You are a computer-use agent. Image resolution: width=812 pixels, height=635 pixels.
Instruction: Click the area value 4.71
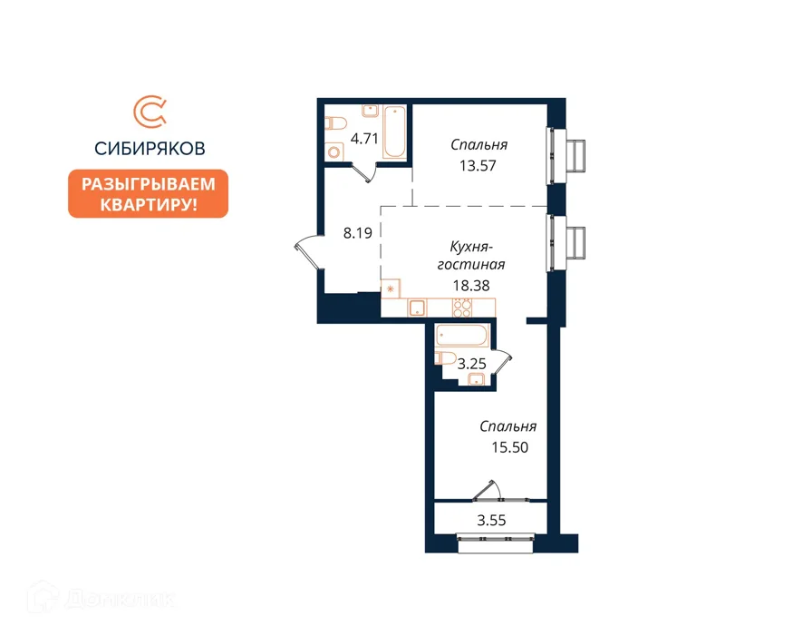(x=364, y=139)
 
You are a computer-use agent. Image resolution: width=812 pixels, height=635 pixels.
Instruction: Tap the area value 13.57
(x=478, y=165)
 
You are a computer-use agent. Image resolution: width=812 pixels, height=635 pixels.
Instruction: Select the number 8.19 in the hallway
(x=357, y=233)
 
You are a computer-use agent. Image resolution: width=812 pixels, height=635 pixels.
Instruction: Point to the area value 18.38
(x=470, y=285)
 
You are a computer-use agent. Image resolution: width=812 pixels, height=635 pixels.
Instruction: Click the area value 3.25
(x=471, y=364)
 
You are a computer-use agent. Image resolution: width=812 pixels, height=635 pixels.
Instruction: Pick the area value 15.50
(x=509, y=447)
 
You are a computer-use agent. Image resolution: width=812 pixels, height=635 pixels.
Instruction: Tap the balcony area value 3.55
(x=491, y=520)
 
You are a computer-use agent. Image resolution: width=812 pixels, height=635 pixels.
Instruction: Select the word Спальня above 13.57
(x=478, y=144)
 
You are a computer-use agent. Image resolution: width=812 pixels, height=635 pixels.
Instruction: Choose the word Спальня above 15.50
(x=507, y=426)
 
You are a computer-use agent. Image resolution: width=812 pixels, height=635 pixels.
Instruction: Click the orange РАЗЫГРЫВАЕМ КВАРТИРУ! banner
(x=148, y=193)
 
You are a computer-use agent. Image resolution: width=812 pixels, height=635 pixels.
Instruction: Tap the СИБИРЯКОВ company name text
(x=150, y=149)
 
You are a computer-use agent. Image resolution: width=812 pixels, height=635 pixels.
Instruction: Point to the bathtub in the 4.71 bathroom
(x=394, y=132)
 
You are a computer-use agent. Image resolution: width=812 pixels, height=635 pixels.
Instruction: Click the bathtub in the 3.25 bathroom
(x=461, y=336)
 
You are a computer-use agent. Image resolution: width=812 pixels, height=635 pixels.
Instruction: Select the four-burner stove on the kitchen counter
(x=462, y=308)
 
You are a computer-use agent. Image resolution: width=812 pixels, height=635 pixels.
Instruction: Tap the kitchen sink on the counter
(x=417, y=308)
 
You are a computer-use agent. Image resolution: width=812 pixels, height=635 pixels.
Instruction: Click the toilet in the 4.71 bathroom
(x=335, y=124)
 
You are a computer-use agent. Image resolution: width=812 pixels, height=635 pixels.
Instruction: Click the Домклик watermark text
(x=101, y=599)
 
